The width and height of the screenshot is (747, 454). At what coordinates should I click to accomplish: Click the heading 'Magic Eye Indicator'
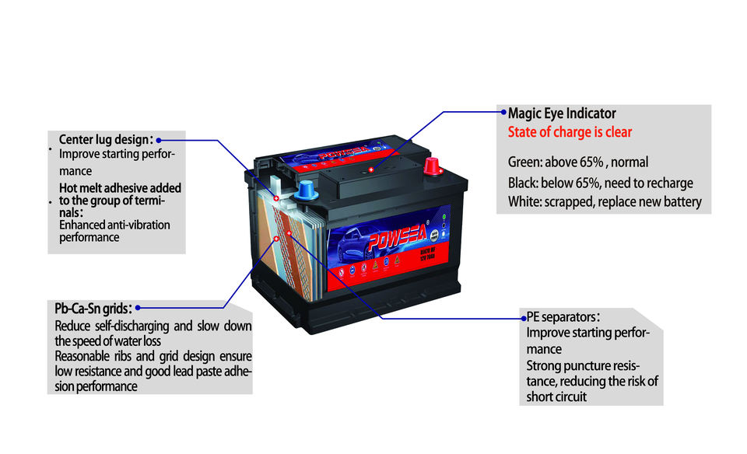click(562, 113)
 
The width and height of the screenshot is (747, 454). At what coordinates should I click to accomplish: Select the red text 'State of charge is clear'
click(570, 132)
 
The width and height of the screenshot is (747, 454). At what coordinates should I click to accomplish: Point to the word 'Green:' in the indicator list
click(524, 162)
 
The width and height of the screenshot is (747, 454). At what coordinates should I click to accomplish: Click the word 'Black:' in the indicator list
click(524, 183)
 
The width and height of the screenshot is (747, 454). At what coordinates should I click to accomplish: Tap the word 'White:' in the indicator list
click(525, 202)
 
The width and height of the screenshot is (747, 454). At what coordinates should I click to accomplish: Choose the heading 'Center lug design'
click(104, 140)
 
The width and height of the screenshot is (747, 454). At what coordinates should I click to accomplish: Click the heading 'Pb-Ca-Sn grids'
click(88, 308)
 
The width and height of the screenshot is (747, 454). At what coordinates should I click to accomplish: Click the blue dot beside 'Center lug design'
click(158, 141)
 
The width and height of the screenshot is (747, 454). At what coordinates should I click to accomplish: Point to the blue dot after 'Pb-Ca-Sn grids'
click(138, 309)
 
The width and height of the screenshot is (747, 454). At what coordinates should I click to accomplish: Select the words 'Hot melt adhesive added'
click(120, 188)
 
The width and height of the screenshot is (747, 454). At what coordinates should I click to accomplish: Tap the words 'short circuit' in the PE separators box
click(556, 396)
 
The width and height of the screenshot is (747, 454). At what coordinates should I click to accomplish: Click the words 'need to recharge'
click(654, 183)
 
